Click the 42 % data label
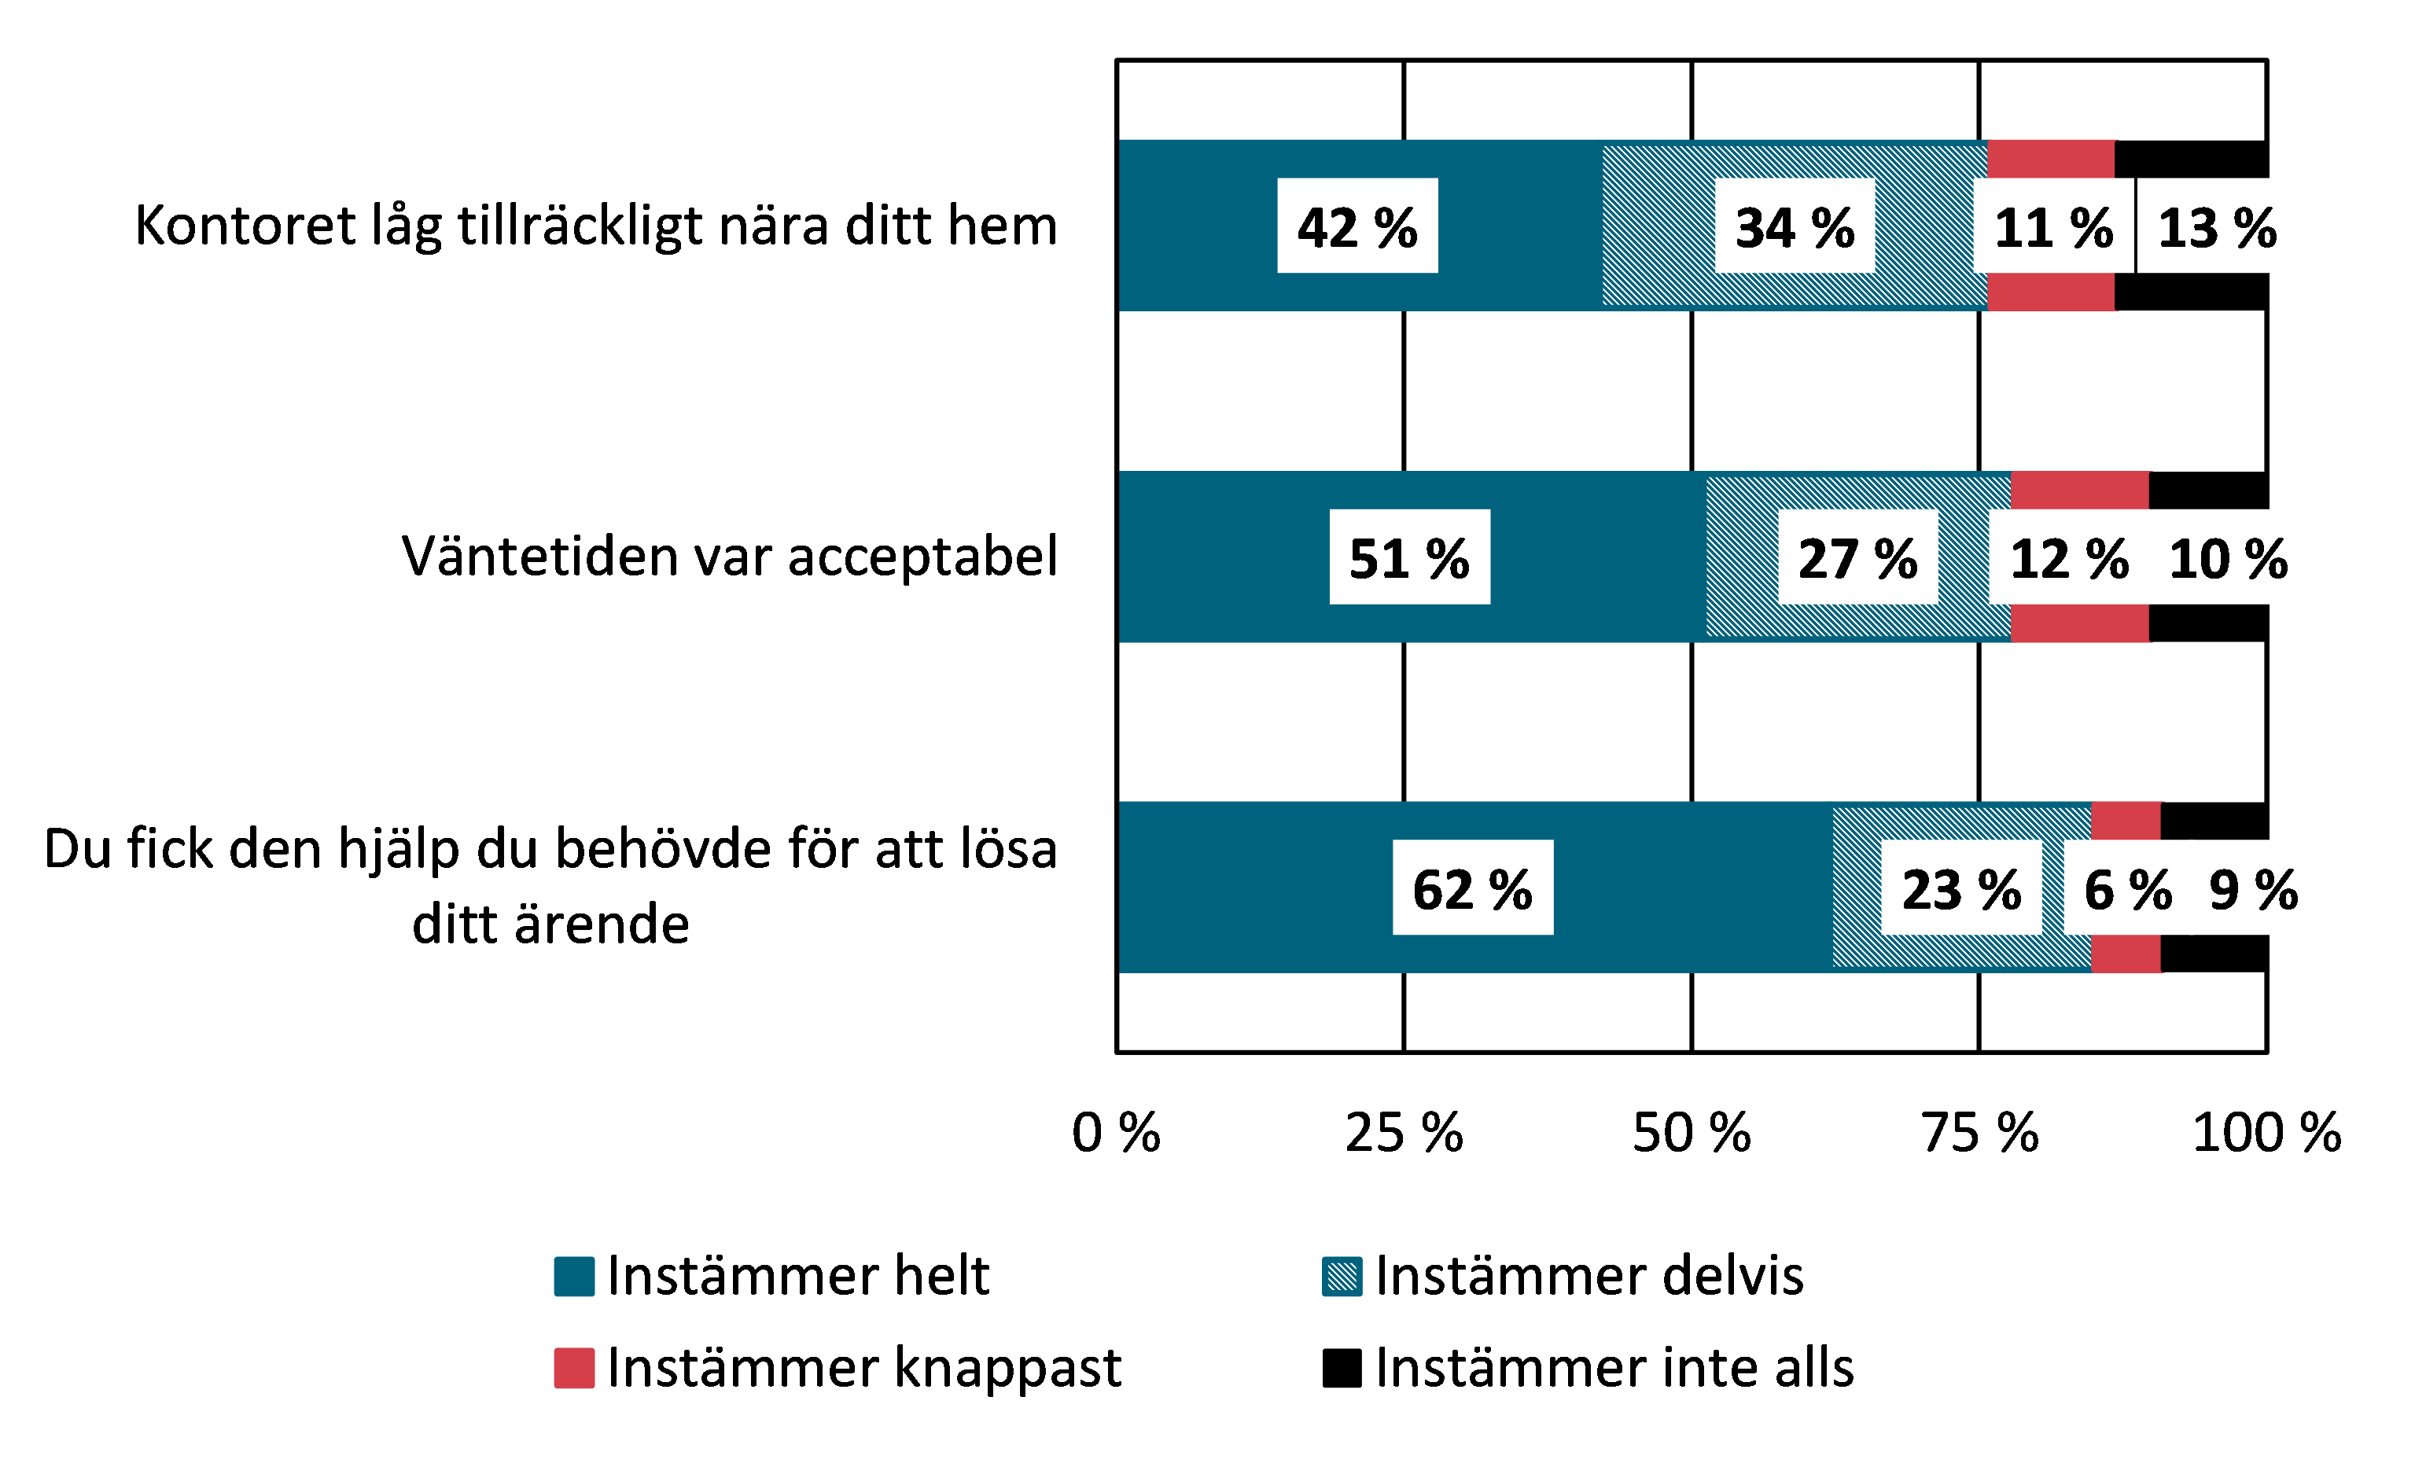click(1357, 226)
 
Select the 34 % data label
click(1795, 226)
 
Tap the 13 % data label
click(2217, 226)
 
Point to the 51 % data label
click(1409, 557)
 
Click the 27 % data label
click(1857, 557)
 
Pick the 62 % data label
click(1472, 889)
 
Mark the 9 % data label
click(2253, 889)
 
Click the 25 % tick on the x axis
click(1404, 1133)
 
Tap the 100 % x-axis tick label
click(2267, 1133)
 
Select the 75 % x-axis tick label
click(1979, 1133)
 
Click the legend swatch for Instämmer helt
click(573, 1276)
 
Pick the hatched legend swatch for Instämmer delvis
click(1342, 1276)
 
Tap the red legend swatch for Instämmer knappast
click(573, 1368)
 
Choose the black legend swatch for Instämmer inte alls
click(1342, 1368)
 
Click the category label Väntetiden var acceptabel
click(729, 557)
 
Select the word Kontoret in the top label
click(245, 226)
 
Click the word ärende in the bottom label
click(603, 925)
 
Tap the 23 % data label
click(1961, 889)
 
